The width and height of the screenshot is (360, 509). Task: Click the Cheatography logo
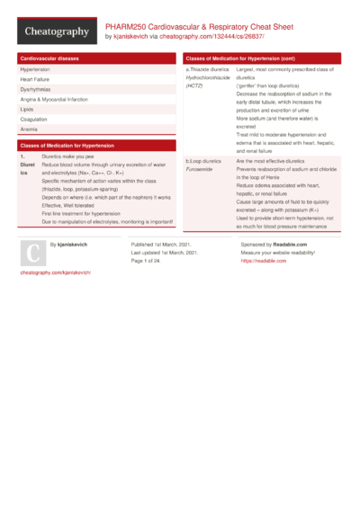pos(56,32)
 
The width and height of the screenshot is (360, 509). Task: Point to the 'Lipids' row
pos(28,110)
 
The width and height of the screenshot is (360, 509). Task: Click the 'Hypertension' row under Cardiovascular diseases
pos(35,69)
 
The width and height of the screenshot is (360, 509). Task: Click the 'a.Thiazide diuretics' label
pos(207,69)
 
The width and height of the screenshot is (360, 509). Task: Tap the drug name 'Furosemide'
pos(199,168)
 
